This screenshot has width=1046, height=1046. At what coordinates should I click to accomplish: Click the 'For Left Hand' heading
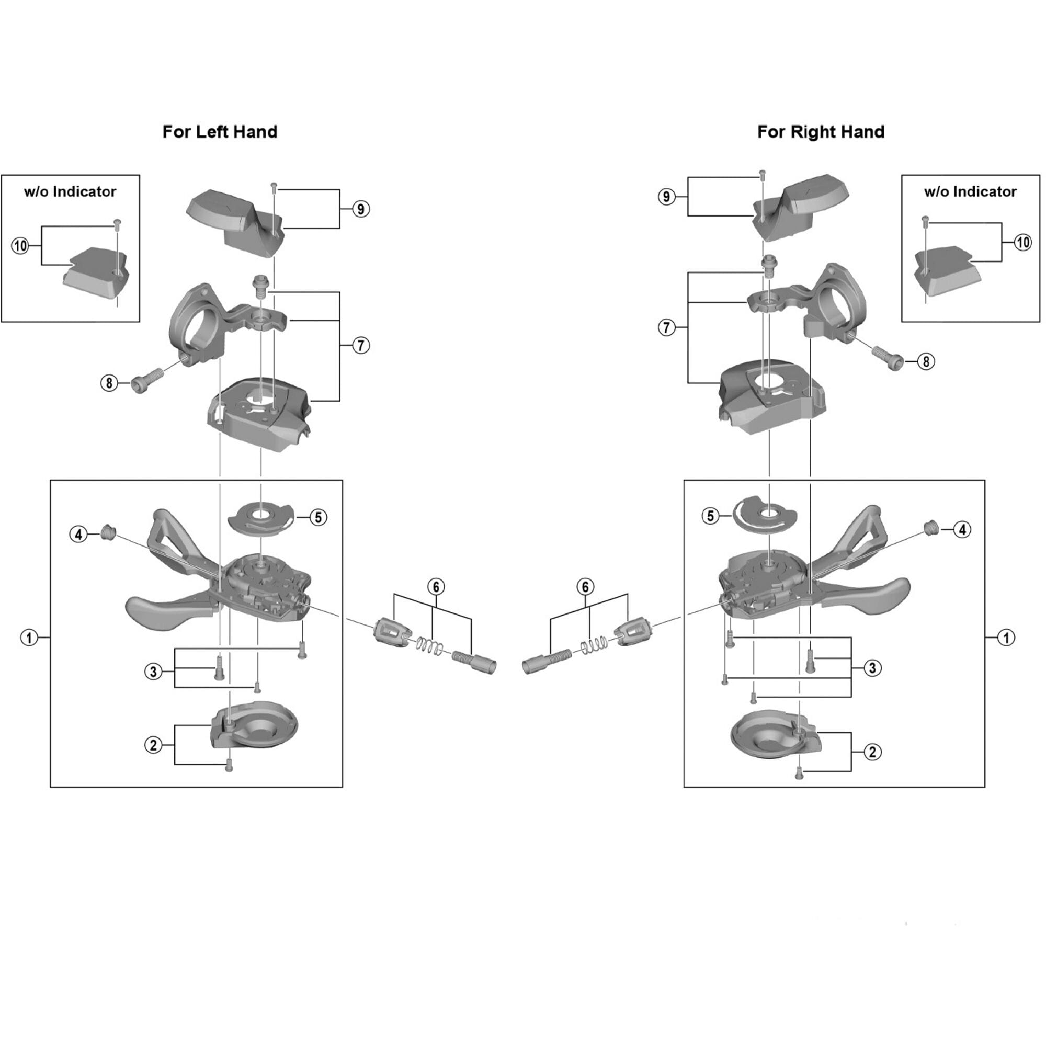(x=220, y=132)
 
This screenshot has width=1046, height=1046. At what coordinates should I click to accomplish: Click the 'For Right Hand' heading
(x=820, y=132)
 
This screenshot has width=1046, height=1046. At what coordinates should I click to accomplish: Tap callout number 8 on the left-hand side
(x=109, y=383)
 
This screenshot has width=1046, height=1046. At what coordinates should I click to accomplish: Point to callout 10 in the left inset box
(x=20, y=246)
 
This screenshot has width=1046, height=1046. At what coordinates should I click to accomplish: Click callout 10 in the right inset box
(x=1022, y=242)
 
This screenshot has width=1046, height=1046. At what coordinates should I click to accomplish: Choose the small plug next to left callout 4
(x=108, y=532)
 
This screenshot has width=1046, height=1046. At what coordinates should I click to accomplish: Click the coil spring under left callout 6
(x=430, y=645)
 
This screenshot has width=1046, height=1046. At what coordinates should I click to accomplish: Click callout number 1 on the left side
(x=29, y=638)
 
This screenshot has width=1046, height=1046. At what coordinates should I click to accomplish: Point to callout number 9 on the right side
(x=666, y=197)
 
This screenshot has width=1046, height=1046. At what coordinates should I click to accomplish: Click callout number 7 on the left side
(x=361, y=345)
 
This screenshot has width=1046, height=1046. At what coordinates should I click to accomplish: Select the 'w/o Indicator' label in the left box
(x=70, y=191)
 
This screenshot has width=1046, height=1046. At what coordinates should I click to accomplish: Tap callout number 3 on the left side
(x=153, y=672)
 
